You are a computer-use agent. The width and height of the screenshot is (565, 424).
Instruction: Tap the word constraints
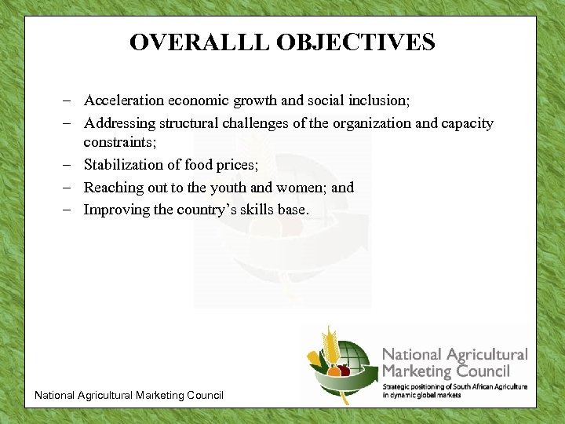click(120, 142)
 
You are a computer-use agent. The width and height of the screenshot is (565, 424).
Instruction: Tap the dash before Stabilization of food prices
click(71, 165)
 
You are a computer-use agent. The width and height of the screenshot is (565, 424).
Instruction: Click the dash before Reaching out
click(71, 188)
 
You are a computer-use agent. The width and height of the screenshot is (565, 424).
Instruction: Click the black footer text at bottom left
click(129, 395)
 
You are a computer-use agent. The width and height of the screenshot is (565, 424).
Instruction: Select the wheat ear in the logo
click(327, 345)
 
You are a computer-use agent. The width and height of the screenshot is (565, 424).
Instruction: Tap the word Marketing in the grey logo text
click(415, 371)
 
